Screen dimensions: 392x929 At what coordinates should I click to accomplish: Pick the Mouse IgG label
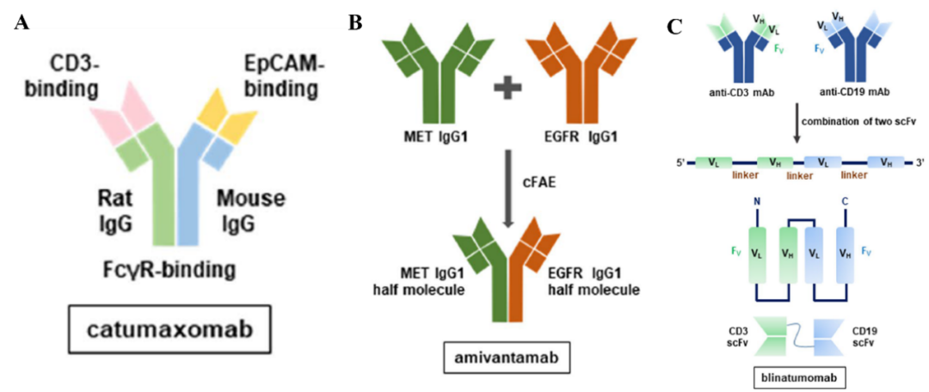[250, 211]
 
